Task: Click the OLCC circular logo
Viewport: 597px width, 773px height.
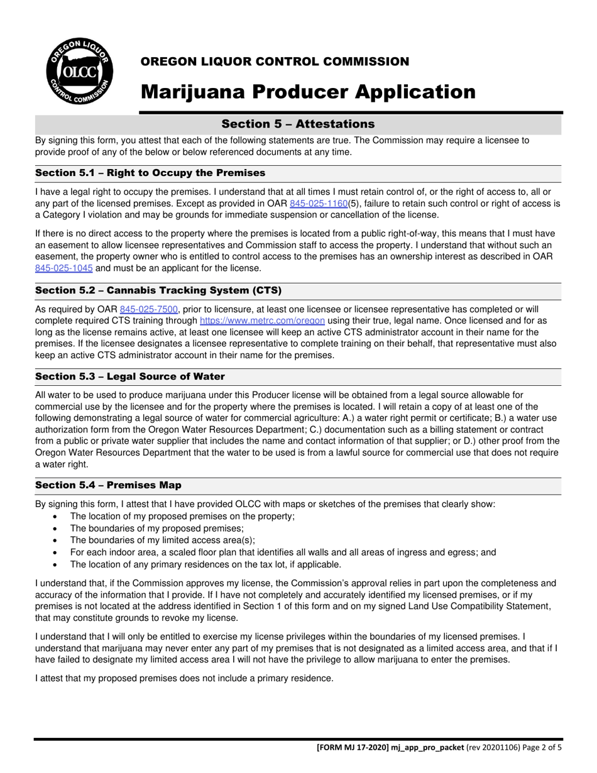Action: pos(79,71)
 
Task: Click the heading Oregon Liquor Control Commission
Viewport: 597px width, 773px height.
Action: pos(275,62)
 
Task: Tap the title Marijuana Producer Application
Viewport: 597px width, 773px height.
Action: pos(308,92)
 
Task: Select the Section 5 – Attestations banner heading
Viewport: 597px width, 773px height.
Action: pos(298,124)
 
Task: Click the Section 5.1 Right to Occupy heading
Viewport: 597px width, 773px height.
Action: pos(150,173)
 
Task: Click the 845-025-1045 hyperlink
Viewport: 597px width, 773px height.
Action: pos(64,268)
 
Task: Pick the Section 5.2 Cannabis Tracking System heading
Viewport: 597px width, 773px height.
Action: pos(158,290)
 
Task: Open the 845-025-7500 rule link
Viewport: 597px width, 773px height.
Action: pos(149,309)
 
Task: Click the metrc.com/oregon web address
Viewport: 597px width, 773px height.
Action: pos(262,321)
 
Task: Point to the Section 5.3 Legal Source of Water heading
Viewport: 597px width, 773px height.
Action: pos(130,376)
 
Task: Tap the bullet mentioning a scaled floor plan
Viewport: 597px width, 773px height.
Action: pos(283,552)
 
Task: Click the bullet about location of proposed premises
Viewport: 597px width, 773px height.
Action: pos(182,516)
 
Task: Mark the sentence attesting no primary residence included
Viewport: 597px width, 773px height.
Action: pos(184,678)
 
